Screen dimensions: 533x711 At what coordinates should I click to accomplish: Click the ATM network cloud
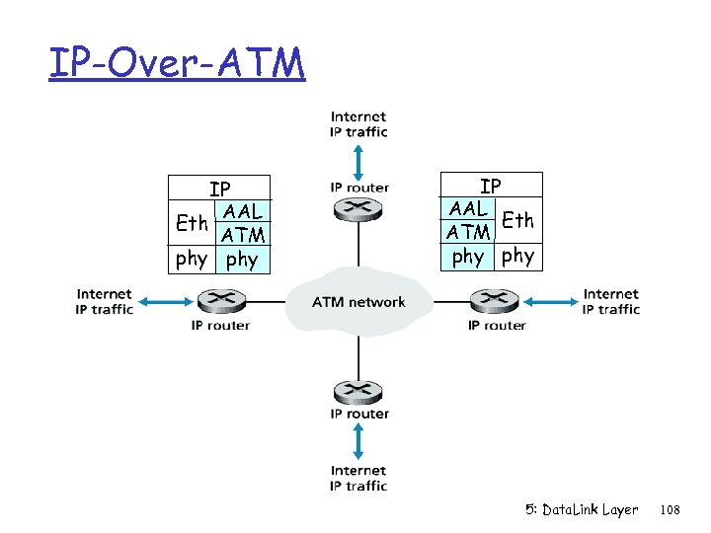coord(358,300)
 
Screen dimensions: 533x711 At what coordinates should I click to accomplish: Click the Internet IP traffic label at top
coord(358,124)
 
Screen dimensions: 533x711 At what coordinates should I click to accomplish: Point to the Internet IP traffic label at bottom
coord(358,478)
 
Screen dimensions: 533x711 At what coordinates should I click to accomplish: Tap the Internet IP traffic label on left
coord(104,301)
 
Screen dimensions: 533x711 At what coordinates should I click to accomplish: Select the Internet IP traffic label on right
coord(611,301)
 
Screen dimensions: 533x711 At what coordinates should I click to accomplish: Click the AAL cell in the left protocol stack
coord(243,211)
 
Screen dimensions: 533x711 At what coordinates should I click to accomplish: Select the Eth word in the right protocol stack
coord(517,220)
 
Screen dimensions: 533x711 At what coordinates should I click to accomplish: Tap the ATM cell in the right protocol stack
coord(468,233)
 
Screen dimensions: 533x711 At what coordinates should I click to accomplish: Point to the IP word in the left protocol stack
coord(219,189)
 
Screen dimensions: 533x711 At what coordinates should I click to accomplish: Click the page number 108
coord(671,510)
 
